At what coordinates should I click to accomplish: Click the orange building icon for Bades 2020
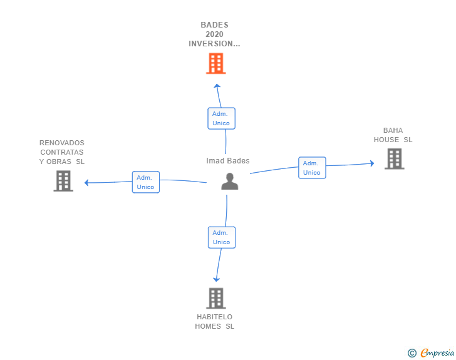[x=215, y=63]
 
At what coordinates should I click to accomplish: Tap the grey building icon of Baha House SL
[x=394, y=159]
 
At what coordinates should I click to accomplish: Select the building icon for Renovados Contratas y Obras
[x=63, y=181]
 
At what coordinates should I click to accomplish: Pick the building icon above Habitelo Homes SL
[x=215, y=298]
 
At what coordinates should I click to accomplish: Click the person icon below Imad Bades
[x=230, y=182]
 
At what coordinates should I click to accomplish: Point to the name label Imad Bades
[x=228, y=161]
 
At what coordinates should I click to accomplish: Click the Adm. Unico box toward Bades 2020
[x=221, y=118]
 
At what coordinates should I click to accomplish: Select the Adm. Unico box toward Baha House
[x=311, y=168]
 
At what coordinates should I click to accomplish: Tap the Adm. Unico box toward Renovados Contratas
[x=145, y=182]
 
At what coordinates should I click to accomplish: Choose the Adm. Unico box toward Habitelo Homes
[x=221, y=237]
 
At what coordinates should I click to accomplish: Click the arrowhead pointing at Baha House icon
[x=371, y=164]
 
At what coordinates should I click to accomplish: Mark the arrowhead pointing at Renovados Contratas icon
[x=87, y=183]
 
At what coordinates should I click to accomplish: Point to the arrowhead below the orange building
[x=217, y=86]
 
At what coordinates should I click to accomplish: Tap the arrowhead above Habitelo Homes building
[x=216, y=279]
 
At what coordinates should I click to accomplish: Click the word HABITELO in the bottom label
[x=214, y=317]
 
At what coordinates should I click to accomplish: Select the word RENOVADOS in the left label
[x=61, y=143]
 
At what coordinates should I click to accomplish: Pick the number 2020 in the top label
[x=214, y=34]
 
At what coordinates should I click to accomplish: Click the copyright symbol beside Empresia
[x=412, y=353]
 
